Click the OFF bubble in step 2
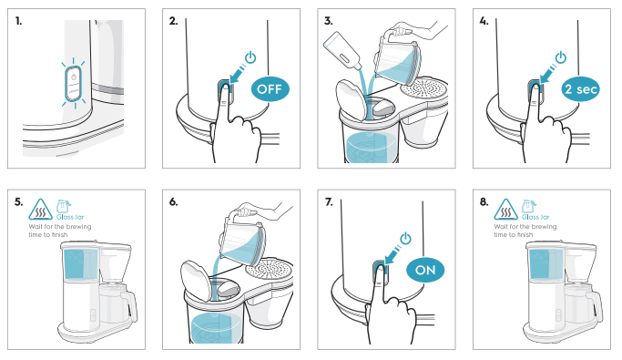pos(270,89)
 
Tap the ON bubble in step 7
pos(425,271)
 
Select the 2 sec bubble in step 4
pos(580,89)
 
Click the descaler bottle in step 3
pos(342,49)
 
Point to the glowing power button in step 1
pos(74,84)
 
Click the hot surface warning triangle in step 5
pos(40,210)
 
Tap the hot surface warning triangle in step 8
pos(505,210)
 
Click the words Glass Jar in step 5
pos(70,217)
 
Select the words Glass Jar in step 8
pos(535,217)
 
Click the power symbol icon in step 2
pos(250,57)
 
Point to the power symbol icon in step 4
pos(560,57)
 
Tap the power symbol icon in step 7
pos(405,239)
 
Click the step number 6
pos(173,202)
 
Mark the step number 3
pos(329,21)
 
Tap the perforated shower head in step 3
pos(423,88)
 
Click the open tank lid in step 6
pos(197,281)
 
